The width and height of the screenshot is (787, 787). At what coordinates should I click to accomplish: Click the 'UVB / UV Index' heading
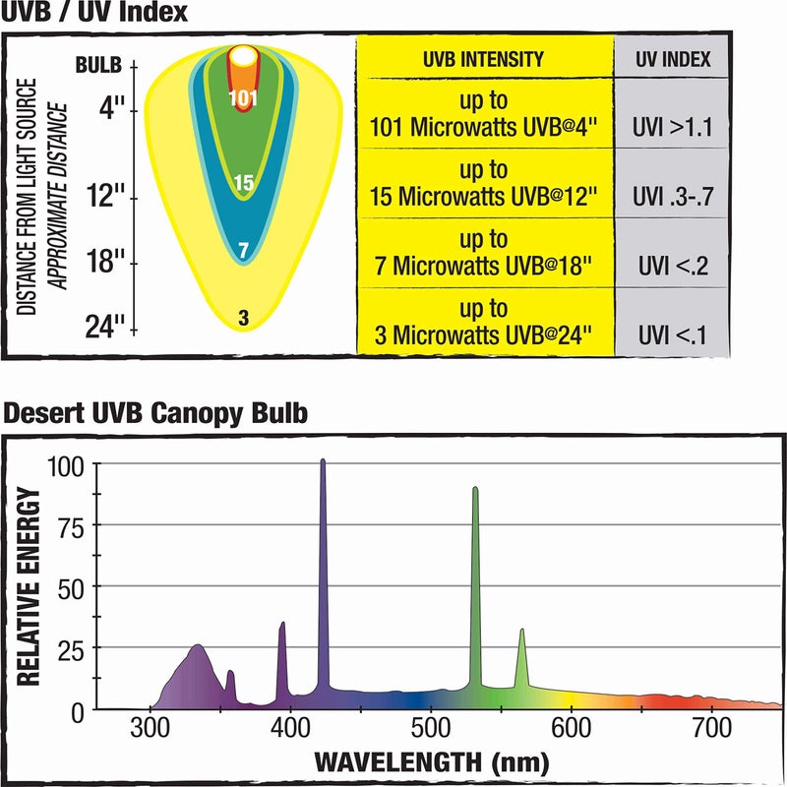[x=94, y=14]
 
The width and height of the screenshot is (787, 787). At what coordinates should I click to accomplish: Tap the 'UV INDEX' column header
[x=673, y=60]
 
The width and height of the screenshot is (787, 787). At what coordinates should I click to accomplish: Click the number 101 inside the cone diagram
[x=242, y=98]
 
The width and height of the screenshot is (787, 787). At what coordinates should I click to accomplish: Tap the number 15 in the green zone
[x=243, y=182]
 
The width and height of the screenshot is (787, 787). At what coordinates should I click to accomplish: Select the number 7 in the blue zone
[x=243, y=251]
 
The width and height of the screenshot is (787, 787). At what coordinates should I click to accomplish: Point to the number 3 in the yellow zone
[x=243, y=317]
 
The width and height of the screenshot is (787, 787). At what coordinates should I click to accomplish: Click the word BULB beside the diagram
[x=99, y=66]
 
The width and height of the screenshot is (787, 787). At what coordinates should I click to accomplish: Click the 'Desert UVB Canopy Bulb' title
[x=154, y=414]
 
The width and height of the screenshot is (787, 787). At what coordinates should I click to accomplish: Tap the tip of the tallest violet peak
[x=323, y=460]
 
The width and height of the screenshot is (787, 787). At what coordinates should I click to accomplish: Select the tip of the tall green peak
[x=475, y=488]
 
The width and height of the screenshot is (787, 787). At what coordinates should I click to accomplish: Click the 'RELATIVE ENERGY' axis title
[x=30, y=588]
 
